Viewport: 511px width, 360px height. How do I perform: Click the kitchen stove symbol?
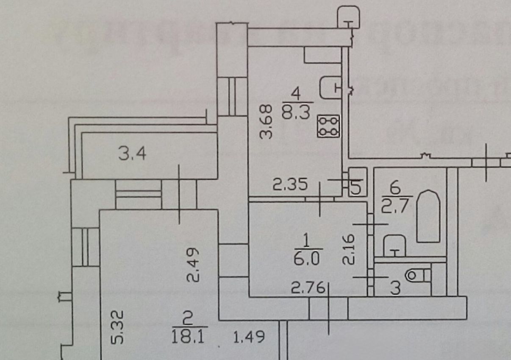(x=329, y=126)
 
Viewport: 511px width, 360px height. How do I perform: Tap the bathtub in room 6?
(x=428, y=216)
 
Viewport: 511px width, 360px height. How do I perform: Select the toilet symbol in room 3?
(x=418, y=276)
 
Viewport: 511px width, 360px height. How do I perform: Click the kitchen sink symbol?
(x=331, y=88)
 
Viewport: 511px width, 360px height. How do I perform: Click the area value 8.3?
(x=296, y=112)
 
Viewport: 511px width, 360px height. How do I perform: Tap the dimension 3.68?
(x=266, y=122)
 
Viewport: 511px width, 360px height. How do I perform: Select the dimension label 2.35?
(x=290, y=185)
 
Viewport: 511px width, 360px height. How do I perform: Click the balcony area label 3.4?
(x=132, y=154)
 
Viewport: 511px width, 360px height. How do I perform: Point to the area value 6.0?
(x=306, y=259)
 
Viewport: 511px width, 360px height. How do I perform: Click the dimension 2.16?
(x=348, y=249)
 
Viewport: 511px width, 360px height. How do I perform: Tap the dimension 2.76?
(x=308, y=287)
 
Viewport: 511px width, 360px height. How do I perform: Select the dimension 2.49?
(x=193, y=265)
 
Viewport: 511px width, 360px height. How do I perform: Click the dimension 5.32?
(x=117, y=327)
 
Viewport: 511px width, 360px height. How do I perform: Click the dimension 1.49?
(x=249, y=337)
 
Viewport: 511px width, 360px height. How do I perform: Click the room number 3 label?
(x=396, y=288)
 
